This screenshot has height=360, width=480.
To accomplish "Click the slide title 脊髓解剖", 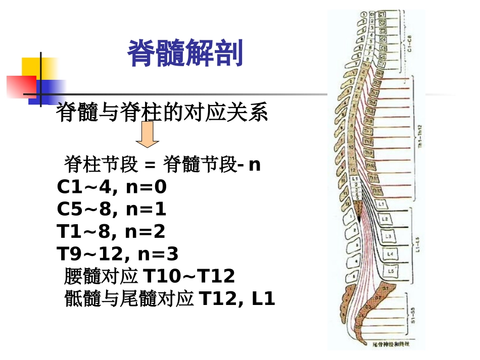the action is (185, 54).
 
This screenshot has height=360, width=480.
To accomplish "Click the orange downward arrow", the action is (147, 136).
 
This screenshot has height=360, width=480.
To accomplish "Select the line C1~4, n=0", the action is (112, 187).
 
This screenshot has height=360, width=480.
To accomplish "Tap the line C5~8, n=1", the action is (112, 210).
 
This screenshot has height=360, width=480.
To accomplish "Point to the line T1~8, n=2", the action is (111, 232).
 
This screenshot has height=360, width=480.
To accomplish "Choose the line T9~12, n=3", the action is (117, 254).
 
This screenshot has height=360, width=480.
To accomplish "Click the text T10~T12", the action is (189, 277).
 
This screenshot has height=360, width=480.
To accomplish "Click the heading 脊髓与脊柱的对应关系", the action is (162, 112).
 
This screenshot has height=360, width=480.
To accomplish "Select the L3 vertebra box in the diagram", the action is (389, 236).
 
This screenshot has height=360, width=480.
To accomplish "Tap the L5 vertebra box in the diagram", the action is (391, 271).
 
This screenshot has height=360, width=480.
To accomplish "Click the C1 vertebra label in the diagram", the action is (382, 15).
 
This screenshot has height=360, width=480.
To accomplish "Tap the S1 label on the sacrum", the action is (385, 288).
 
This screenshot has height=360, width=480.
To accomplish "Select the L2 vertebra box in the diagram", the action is (386, 219).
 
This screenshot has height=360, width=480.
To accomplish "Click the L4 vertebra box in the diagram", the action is (390, 253).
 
